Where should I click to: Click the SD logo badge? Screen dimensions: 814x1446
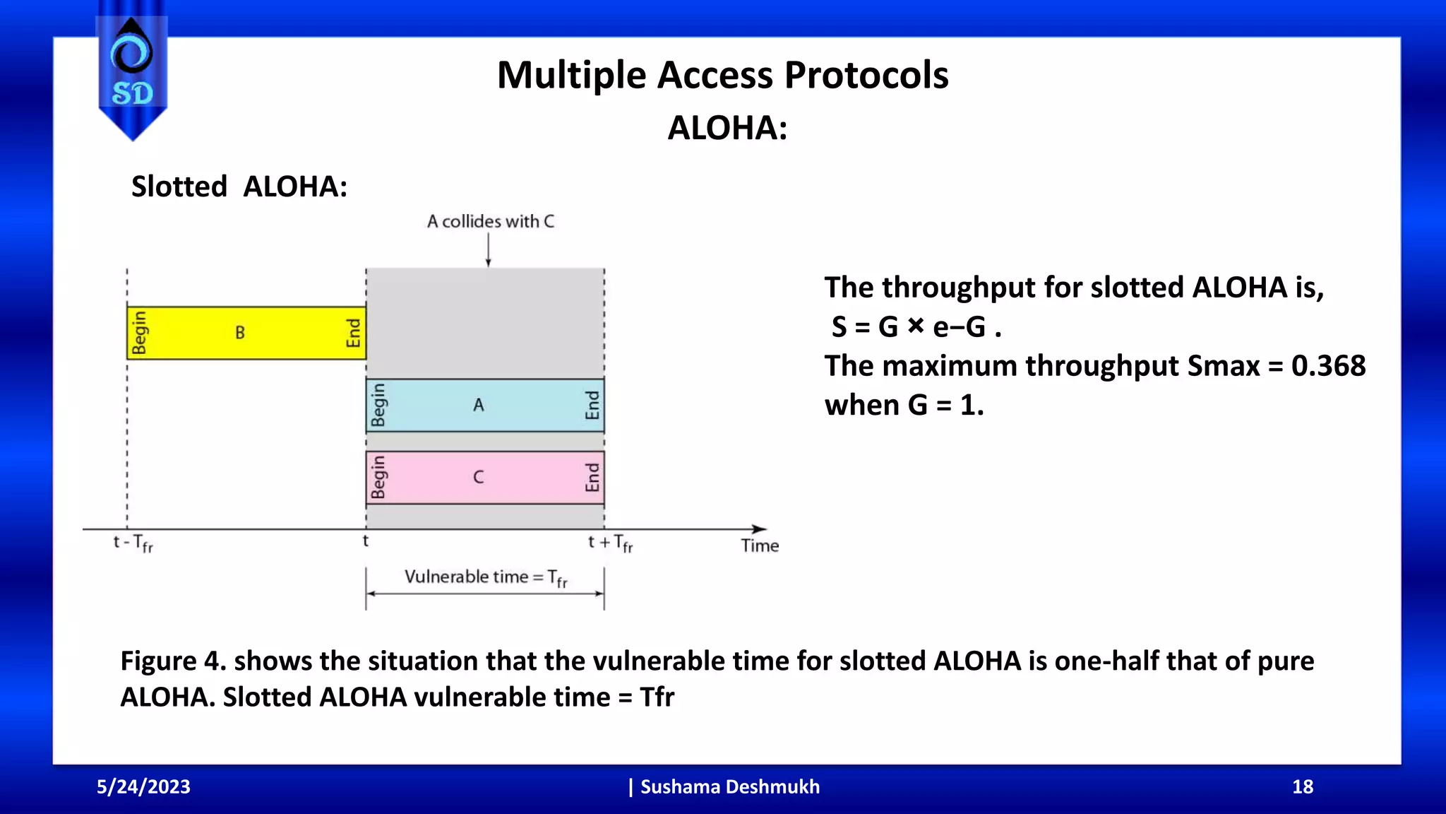point(132,71)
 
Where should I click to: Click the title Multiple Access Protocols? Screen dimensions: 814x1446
point(722,75)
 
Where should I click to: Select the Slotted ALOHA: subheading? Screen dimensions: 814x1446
point(239,187)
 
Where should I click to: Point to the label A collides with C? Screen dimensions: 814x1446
point(490,222)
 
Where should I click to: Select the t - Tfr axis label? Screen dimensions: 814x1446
point(133,543)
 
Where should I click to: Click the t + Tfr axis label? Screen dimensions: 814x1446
point(610,543)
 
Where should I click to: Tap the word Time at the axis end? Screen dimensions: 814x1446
point(760,545)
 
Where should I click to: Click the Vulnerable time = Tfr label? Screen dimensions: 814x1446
point(486,578)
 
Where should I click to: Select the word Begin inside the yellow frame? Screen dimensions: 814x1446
point(140,333)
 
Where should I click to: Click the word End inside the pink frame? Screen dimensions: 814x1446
point(592,478)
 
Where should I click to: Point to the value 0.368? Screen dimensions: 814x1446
point(1328,366)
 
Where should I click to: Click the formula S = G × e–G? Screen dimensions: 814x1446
point(916,327)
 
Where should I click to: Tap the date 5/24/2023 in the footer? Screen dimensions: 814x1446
point(143,786)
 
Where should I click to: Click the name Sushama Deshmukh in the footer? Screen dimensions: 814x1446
point(729,786)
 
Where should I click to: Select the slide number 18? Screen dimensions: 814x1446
point(1302,786)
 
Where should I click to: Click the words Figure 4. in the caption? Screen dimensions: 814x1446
point(173,661)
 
